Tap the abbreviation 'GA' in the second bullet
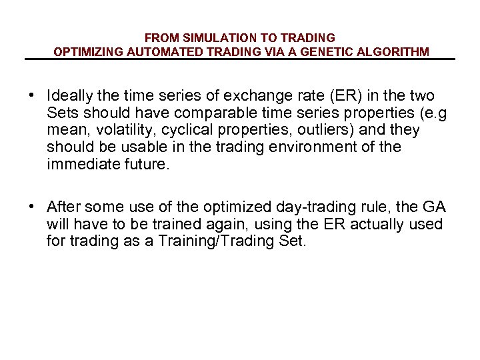click(x=435, y=207)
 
